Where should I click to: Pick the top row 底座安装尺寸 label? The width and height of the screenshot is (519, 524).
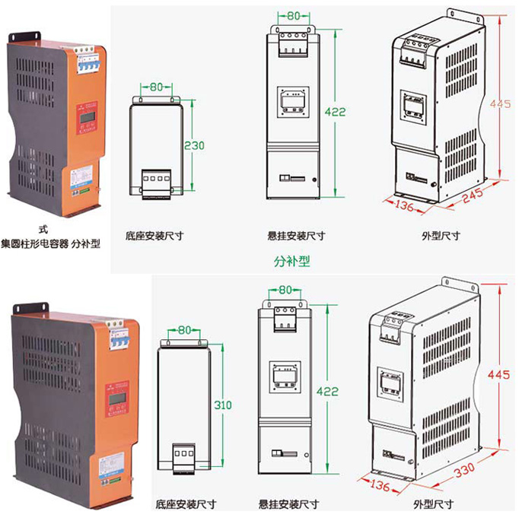coord(155,236)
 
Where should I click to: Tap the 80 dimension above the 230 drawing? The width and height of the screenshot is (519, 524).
coord(155,87)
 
